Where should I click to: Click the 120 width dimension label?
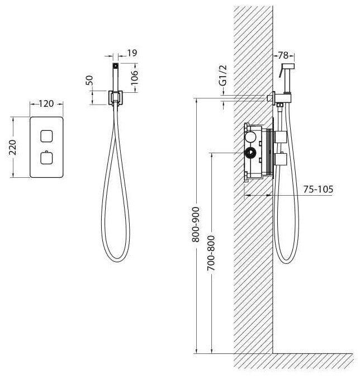(46, 103)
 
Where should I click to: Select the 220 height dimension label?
(12, 147)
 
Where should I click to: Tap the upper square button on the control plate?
(46, 136)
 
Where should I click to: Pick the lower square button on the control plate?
(46, 158)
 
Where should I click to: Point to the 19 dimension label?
(132, 53)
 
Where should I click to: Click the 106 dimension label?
(134, 77)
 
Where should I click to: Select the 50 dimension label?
(89, 81)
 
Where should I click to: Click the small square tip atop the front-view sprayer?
(116, 65)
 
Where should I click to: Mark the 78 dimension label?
(283, 55)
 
